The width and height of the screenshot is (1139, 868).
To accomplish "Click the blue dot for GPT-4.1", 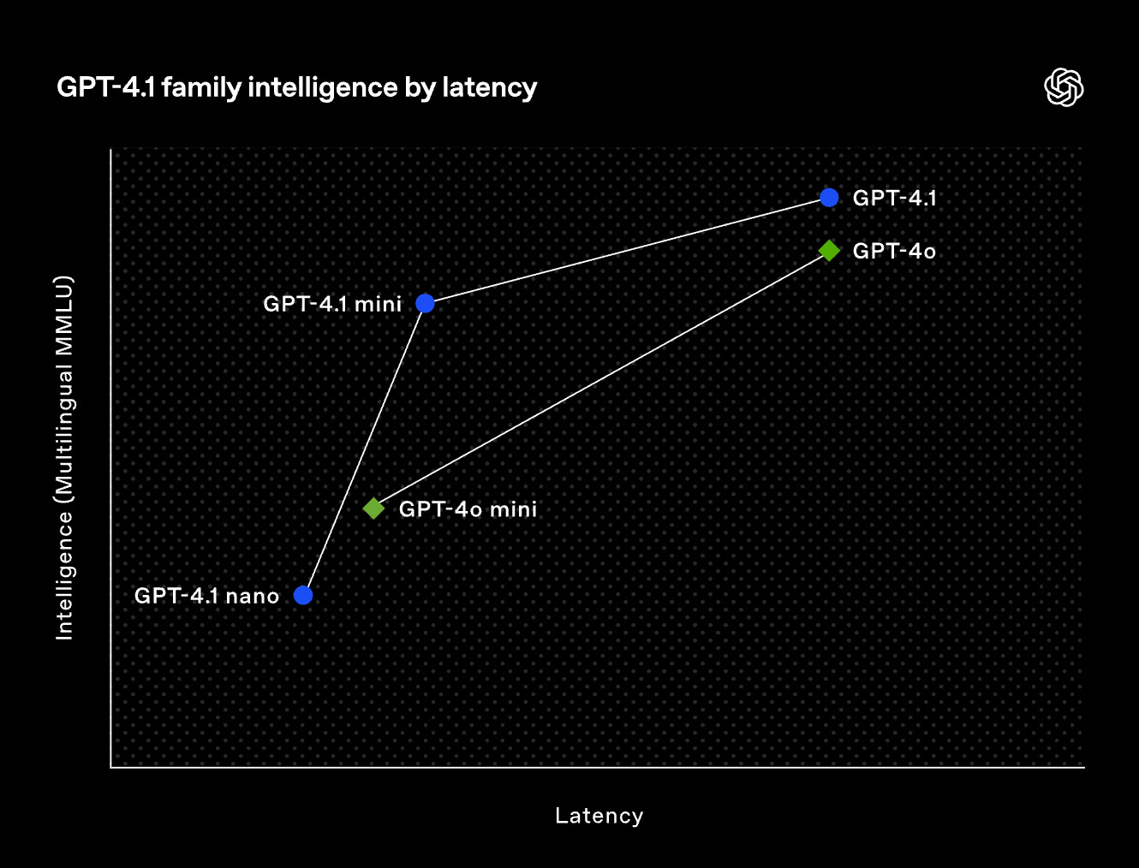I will click(829, 198).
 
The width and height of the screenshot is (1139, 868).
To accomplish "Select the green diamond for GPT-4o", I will click(829, 250).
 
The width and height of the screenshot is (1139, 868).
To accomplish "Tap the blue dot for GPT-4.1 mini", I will click(425, 303).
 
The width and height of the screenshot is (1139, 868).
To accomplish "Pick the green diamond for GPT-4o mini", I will click(373, 508).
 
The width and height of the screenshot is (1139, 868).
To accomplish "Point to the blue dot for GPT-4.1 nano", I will click(303, 595).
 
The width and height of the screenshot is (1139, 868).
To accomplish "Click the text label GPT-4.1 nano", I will click(206, 596).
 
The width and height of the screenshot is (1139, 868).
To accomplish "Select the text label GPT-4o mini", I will click(468, 509).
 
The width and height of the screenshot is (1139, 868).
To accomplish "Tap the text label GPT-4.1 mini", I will click(332, 304).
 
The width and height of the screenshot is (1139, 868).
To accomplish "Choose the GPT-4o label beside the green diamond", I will click(894, 251).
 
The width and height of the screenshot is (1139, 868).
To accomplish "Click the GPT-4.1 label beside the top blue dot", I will click(894, 199).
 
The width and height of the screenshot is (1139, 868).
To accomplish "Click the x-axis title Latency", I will click(599, 816).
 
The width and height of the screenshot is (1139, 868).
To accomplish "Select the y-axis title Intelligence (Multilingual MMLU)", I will click(64, 457).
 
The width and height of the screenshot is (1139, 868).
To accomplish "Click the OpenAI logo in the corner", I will click(1064, 87).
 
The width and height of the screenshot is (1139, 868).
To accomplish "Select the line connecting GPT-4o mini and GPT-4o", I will click(601, 379).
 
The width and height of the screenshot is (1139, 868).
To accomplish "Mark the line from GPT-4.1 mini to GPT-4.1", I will click(627, 251).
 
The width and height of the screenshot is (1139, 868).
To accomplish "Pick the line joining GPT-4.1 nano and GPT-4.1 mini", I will click(364, 449).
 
